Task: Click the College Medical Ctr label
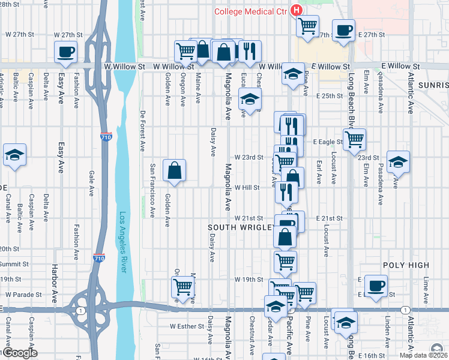tap(251, 11)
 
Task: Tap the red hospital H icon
tap(296, 10)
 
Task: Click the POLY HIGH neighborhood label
tap(406, 265)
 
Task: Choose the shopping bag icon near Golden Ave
tap(174, 170)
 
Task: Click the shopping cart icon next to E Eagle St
tap(354, 139)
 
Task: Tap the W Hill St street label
tap(247, 187)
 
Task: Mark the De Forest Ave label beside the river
tap(142, 130)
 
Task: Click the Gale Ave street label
tap(91, 183)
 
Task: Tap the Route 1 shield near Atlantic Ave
tap(406, 310)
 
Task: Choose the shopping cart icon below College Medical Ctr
tap(307, 26)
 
